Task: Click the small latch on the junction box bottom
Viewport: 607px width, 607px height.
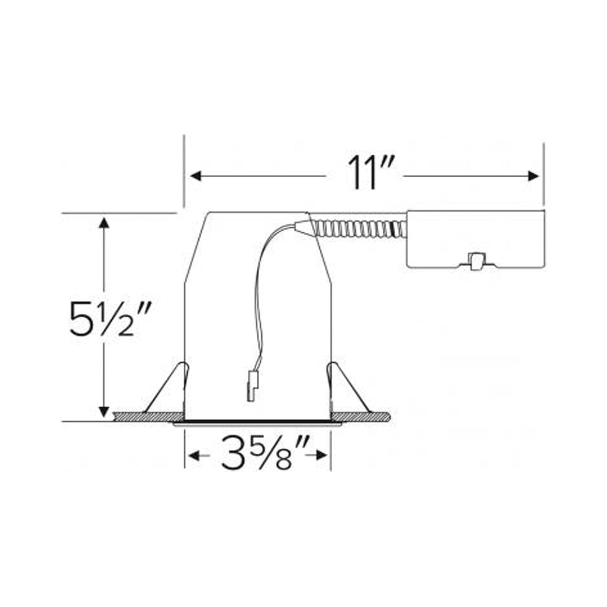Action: tap(476, 261)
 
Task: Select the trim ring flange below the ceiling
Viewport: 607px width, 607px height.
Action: tap(257, 424)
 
